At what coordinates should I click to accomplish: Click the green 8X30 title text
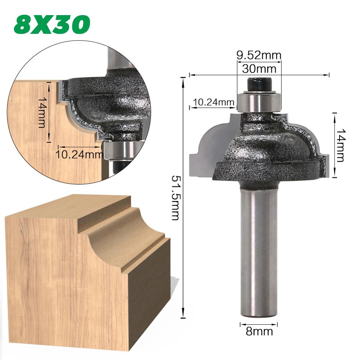(x=52, y=25)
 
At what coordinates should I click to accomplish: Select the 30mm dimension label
(x=259, y=67)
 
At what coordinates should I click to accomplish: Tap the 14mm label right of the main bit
(x=341, y=144)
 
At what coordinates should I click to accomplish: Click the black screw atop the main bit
(x=258, y=85)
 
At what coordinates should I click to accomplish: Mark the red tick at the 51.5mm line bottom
(x=184, y=317)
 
